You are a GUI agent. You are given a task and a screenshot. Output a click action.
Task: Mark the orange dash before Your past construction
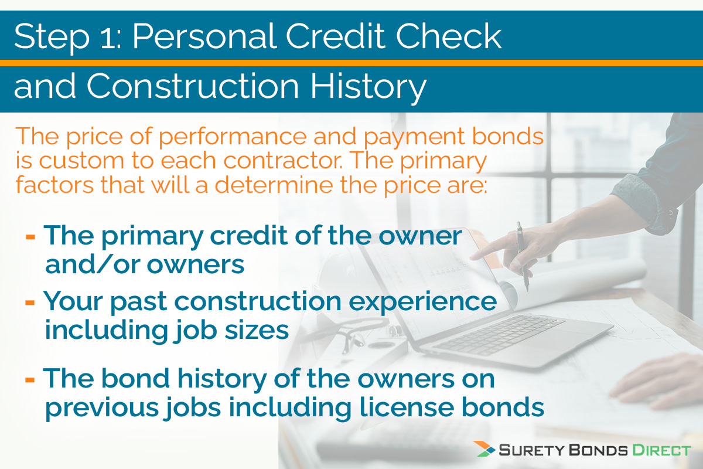pos(30,303)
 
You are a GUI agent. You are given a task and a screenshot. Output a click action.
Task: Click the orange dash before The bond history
pos(30,379)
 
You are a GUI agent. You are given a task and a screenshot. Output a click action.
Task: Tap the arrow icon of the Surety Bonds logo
pos(485,450)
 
